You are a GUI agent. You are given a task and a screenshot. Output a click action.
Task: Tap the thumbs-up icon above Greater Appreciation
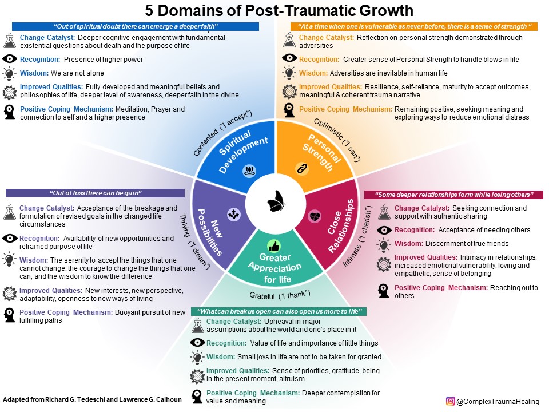click(273, 247)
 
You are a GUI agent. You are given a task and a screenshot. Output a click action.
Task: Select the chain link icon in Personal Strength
click(301, 168)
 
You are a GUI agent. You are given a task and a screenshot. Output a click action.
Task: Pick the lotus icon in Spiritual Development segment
click(249, 169)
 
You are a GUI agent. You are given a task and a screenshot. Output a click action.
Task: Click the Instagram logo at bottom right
click(450, 402)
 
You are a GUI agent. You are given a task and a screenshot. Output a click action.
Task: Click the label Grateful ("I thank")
click(280, 295)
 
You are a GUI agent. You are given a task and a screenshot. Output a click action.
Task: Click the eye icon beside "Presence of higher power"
click(10, 59)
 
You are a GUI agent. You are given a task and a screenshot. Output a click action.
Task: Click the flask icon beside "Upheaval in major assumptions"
click(197, 325)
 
